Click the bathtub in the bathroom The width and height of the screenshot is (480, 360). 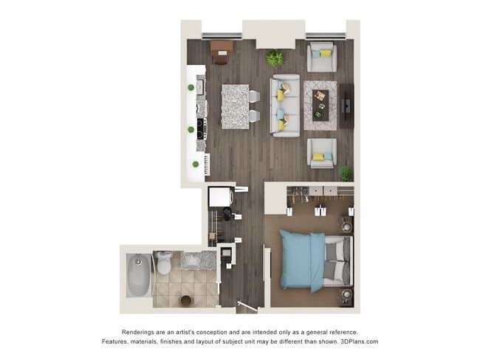tap(138, 275)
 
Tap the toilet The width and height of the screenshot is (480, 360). tap(164, 263)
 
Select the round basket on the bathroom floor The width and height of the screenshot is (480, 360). tap(186, 300)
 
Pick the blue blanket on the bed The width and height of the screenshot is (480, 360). tap(300, 259)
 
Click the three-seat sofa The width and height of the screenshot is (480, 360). tap(285, 105)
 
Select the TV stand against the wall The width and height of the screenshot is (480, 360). tap(346, 105)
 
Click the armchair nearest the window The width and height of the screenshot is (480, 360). tap(321, 57)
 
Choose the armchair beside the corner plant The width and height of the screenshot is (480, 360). tap(321, 153)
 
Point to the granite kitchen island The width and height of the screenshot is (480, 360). tap(236, 107)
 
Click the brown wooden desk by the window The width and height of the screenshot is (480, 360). tap(221, 49)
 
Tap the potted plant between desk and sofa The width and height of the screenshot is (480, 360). tap(275, 58)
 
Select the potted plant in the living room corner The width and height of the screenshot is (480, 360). tap(345, 172)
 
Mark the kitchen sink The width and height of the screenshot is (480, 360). tap(200, 86)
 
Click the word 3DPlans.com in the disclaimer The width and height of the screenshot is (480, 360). tap(357, 342)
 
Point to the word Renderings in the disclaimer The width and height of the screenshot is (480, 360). tap(139, 332)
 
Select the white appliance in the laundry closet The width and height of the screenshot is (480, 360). tap(219, 198)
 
